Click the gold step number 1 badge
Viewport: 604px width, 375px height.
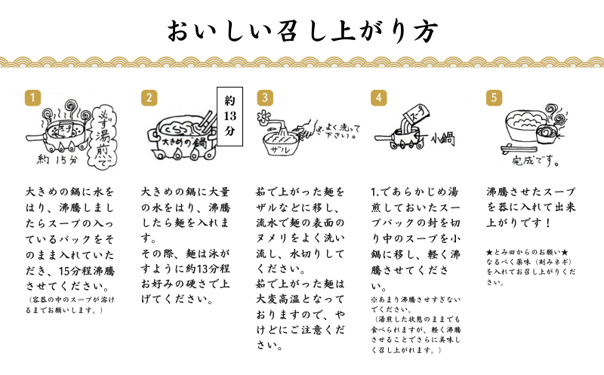(32, 98)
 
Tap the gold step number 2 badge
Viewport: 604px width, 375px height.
(149, 98)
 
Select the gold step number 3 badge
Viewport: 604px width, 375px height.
(265, 98)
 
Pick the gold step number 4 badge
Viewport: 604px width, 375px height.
(379, 98)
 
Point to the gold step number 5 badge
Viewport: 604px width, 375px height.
(495, 98)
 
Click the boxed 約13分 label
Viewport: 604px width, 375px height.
(230, 116)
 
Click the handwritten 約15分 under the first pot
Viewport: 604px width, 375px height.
(57, 159)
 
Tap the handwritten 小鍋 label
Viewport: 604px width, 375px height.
(442, 139)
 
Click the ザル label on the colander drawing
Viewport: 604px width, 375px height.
(280, 149)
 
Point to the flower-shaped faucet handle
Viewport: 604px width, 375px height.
(263, 115)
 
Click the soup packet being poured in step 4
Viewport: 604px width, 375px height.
(417, 113)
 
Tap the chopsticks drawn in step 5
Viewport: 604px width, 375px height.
(518, 147)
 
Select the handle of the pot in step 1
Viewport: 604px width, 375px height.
(36, 137)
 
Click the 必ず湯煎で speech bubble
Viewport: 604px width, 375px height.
(103, 136)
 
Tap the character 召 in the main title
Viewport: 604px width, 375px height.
(286, 31)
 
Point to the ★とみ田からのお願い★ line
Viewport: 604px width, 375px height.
(527, 253)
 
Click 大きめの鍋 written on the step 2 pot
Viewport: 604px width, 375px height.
(184, 143)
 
